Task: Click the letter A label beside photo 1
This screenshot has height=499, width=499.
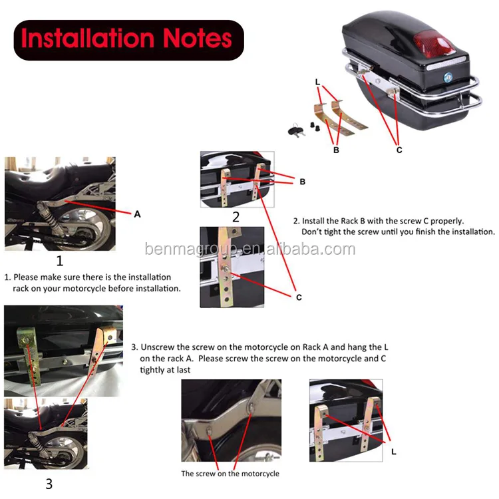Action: click(x=137, y=214)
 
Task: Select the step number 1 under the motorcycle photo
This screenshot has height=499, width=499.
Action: click(x=59, y=261)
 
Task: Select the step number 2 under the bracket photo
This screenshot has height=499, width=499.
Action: click(x=236, y=217)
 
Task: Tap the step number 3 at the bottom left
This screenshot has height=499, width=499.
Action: click(x=49, y=484)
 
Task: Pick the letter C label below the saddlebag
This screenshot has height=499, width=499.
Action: click(x=399, y=150)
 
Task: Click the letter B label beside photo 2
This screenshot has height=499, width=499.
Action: click(x=302, y=181)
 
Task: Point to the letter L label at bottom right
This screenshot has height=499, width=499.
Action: click(x=393, y=452)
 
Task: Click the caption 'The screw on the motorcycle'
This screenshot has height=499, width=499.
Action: click(x=230, y=474)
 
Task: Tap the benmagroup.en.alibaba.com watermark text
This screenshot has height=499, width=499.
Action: click(x=249, y=249)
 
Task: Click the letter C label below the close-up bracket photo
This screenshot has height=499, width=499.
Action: click(x=299, y=297)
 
